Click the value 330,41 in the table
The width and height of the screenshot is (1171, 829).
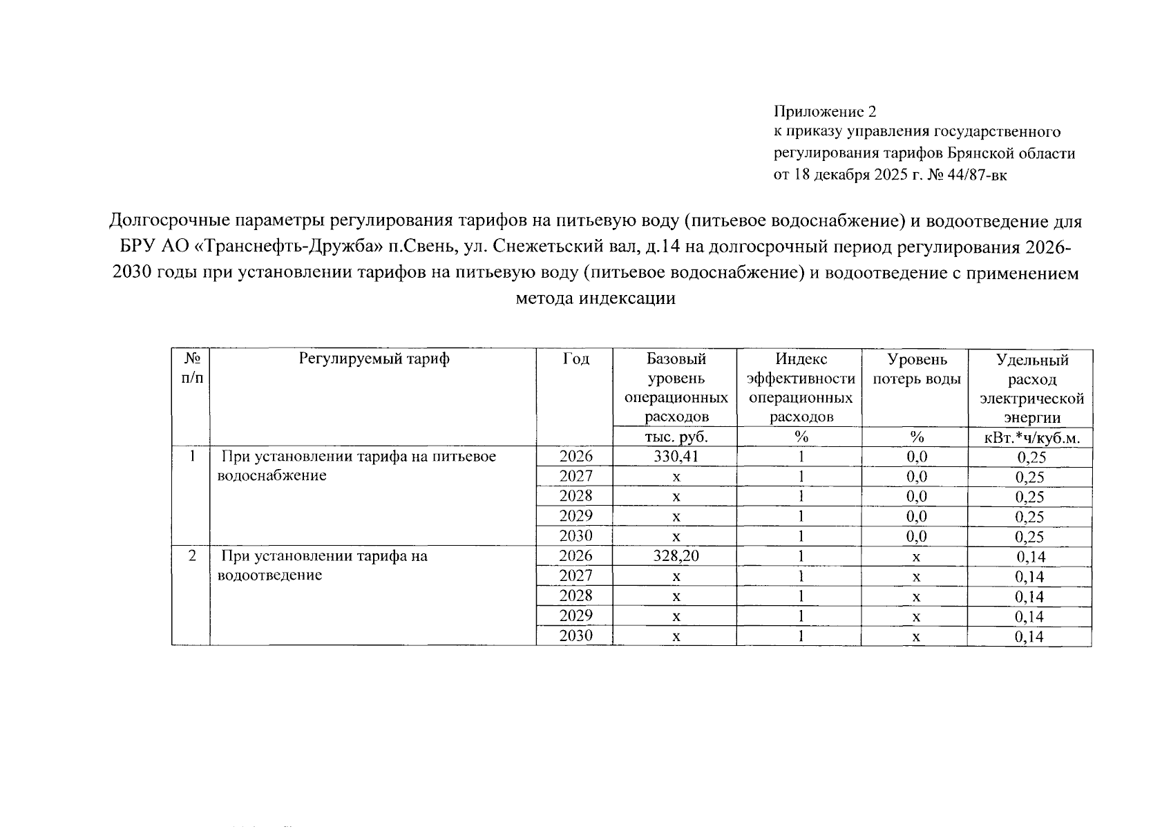[676, 457]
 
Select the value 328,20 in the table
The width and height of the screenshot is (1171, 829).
[676, 556]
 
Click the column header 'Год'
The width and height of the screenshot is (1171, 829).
[575, 359]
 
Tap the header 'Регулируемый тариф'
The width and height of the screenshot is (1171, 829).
[374, 359]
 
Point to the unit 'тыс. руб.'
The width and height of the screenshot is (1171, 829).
[676, 437]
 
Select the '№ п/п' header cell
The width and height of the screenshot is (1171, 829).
[192, 368]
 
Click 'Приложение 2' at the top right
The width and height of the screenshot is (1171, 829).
[824, 111]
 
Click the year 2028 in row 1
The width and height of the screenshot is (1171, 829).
[575, 496]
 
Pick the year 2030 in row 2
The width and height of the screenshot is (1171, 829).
[575, 636]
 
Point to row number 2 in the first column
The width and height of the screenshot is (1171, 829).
[191, 556]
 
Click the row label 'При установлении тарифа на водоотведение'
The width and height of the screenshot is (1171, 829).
[323, 565]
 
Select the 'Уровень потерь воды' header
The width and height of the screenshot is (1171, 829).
[917, 369]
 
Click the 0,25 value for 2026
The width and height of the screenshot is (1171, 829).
[1031, 457]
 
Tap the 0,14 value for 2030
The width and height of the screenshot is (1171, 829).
[1030, 637]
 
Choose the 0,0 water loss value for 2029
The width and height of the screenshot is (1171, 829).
[916, 517]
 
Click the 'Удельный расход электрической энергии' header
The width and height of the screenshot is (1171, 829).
[1031, 388]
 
